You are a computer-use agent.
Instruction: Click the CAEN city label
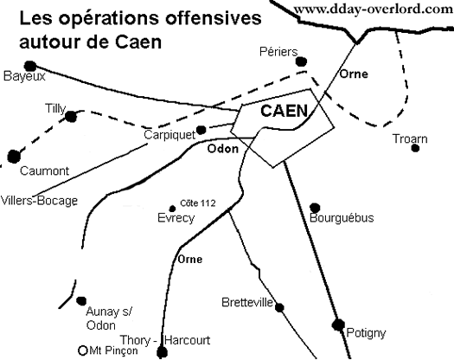[x=284, y=111]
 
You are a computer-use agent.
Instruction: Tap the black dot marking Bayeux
[x=30, y=67]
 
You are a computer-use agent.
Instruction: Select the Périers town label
[x=278, y=52]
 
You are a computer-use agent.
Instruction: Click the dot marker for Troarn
[x=415, y=148]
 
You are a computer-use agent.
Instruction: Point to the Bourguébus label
[x=342, y=218]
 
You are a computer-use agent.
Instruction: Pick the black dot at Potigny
[x=338, y=325]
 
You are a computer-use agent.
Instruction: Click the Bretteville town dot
[x=279, y=307]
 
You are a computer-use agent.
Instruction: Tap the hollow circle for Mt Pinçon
[x=83, y=350]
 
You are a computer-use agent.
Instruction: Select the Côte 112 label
[x=198, y=203]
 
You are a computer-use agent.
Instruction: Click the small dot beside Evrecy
[x=172, y=209]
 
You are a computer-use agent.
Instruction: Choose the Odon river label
[x=223, y=149]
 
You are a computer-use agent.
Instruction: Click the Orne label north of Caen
[x=354, y=74]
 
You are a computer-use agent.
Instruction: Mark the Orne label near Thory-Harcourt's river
[x=190, y=259]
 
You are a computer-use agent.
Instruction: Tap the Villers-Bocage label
[x=40, y=201]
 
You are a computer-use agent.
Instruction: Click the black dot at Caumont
[x=14, y=157]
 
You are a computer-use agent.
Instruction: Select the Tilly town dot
[x=71, y=117]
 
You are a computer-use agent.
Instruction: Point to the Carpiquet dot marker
[x=201, y=130]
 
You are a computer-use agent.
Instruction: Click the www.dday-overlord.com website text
[x=374, y=10]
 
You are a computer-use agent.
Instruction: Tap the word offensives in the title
[x=214, y=18]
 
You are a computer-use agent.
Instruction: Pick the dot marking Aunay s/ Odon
[x=81, y=301]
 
